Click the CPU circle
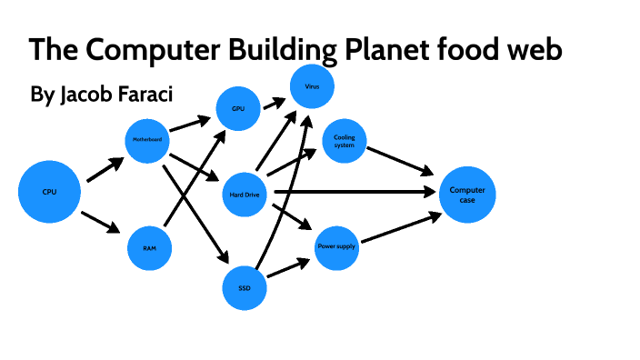click(49, 192)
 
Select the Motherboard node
click(147, 141)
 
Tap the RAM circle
click(149, 246)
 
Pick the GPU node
click(238, 108)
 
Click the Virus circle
click(312, 86)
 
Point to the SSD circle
click(245, 287)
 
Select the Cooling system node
click(345, 141)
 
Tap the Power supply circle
click(336, 246)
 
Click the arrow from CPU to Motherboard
click(104, 169)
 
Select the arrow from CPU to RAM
click(102, 223)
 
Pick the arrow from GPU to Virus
click(274, 103)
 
